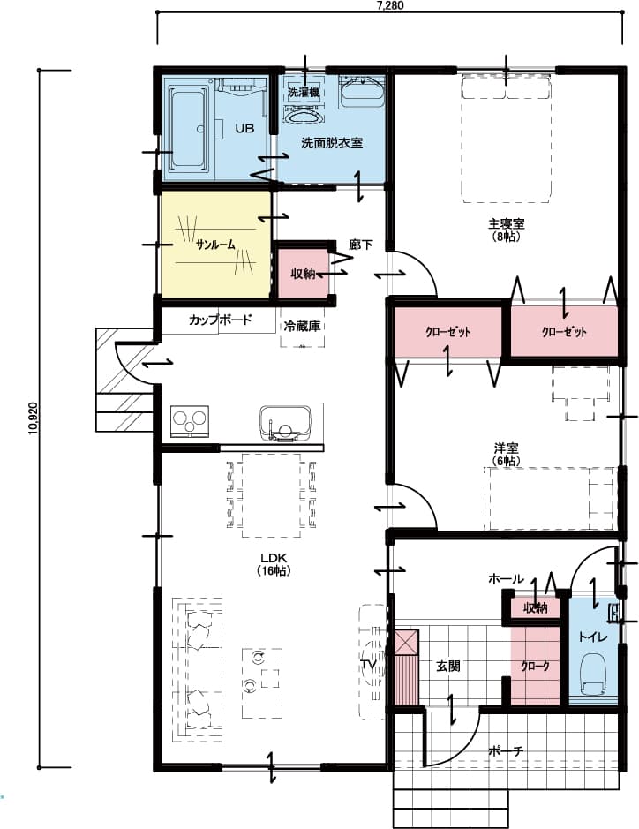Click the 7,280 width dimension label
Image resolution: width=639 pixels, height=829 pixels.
[x=389, y=5]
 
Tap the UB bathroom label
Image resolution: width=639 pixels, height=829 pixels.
[x=244, y=129]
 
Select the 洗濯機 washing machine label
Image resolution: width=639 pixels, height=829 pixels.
[x=303, y=92]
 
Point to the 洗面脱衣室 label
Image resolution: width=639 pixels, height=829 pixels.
[x=332, y=142]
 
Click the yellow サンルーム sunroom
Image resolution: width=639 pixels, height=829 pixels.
[x=215, y=245]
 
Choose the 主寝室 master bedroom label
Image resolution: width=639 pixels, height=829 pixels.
[x=506, y=223]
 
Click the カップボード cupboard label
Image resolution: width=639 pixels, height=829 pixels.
[x=221, y=320]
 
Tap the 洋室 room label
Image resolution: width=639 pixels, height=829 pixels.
[x=506, y=448]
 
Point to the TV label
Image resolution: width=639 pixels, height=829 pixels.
[x=368, y=664]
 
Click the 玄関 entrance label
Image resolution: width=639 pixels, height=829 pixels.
[x=447, y=667]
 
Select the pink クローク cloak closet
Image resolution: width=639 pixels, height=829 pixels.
[x=535, y=667]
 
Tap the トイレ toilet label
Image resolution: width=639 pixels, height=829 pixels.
[x=590, y=636]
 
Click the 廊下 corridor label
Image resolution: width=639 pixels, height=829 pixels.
[x=361, y=245]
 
